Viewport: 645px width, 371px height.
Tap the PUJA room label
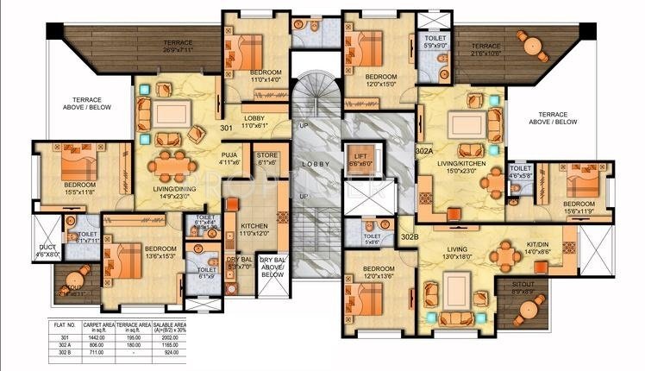pyautogui.click(x=229, y=158)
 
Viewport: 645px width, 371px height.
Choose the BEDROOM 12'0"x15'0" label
pyautogui.click(x=369, y=81)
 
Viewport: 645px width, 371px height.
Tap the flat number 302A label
pyautogui.click(x=424, y=151)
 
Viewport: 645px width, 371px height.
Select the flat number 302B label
pyautogui.click(x=410, y=236)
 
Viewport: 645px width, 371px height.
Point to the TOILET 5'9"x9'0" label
pyautogui.click(x=431, y=42)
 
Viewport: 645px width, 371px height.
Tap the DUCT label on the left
pyautogui.click(x=47, y=252)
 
